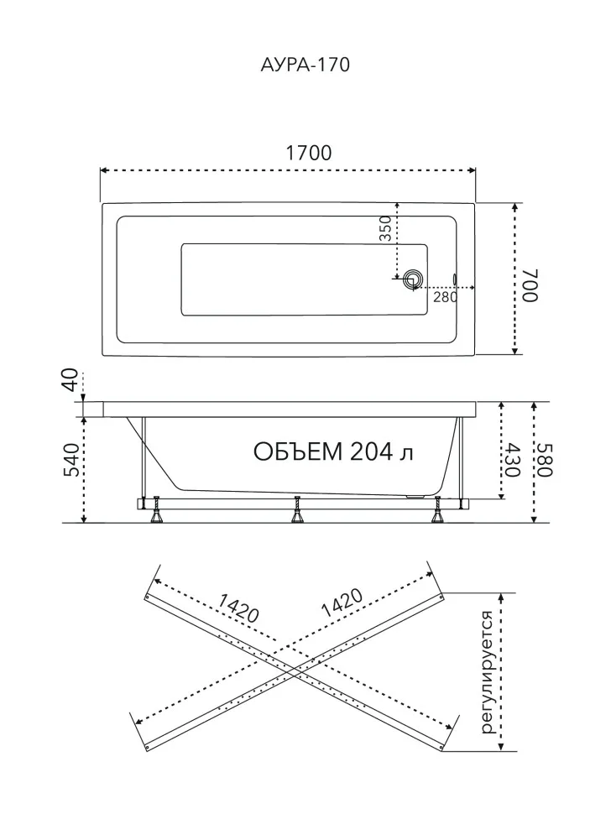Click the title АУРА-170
305,65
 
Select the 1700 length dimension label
308,153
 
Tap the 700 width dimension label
530,285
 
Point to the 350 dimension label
384,228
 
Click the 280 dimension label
446,296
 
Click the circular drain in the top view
414,279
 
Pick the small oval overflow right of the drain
455,279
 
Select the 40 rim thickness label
71,379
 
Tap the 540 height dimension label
71,459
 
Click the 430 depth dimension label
512,459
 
